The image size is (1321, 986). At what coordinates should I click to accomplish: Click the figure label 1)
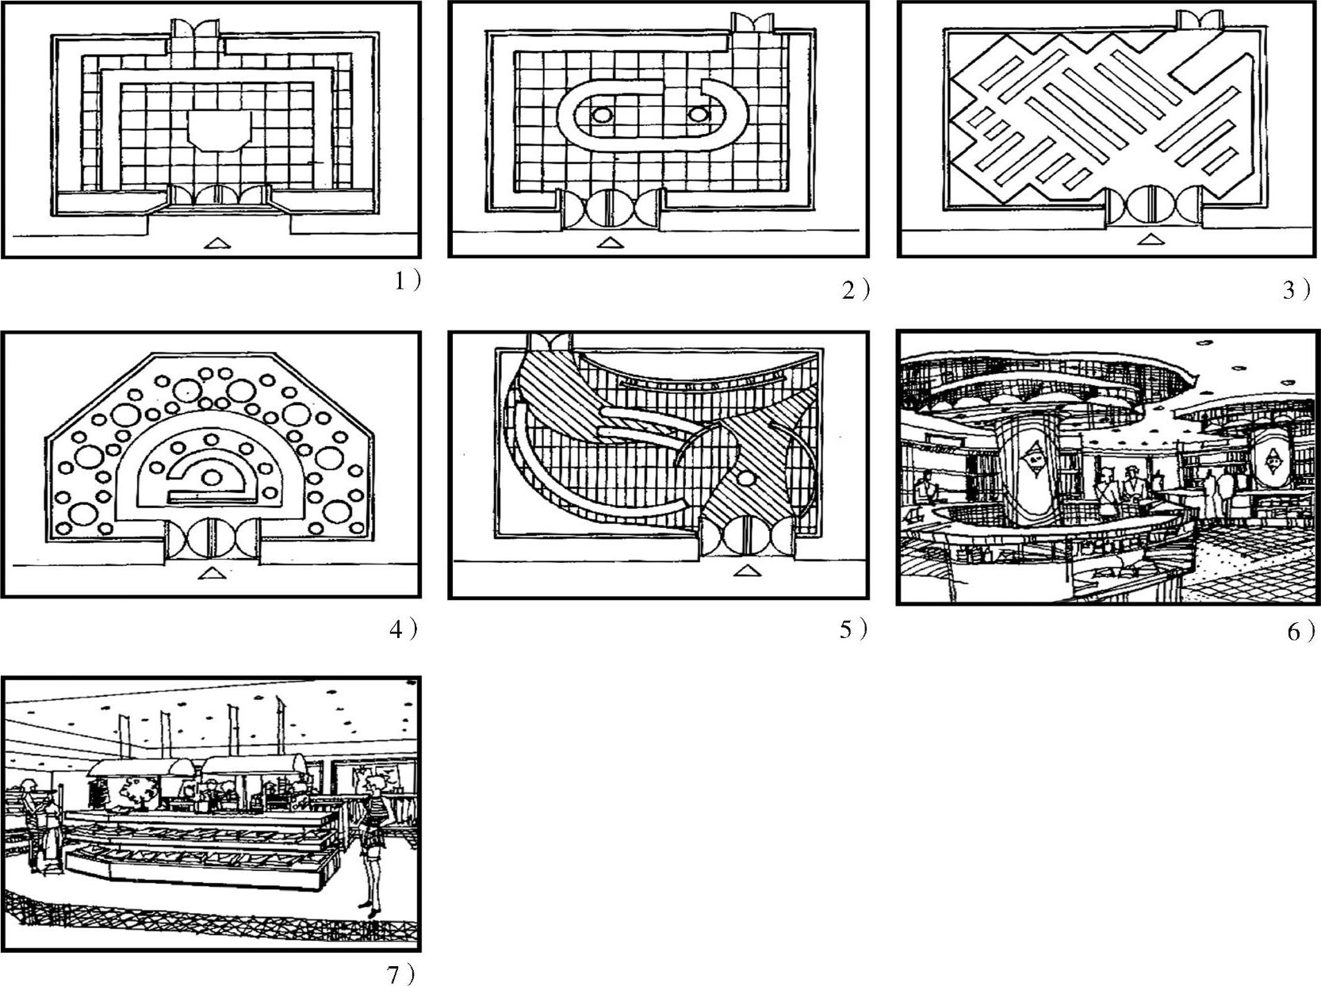[408, 281]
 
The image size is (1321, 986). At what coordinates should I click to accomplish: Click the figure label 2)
[856, 291]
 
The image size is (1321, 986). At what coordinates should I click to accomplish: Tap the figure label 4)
[403, 629]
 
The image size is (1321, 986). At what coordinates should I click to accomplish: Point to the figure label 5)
[854, 630]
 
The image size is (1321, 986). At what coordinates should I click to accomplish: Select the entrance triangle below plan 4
[208, 572]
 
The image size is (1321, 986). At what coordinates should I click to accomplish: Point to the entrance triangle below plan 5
[745, 571]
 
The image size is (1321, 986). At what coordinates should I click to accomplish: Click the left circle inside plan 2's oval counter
[602, 115]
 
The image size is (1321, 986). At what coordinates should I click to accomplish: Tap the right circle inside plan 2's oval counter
[698, 114]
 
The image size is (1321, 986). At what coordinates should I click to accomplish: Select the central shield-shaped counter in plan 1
[219, 131]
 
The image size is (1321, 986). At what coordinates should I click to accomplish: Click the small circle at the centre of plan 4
[211, 477]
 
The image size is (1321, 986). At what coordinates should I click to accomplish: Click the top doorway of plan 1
[195, 29]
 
